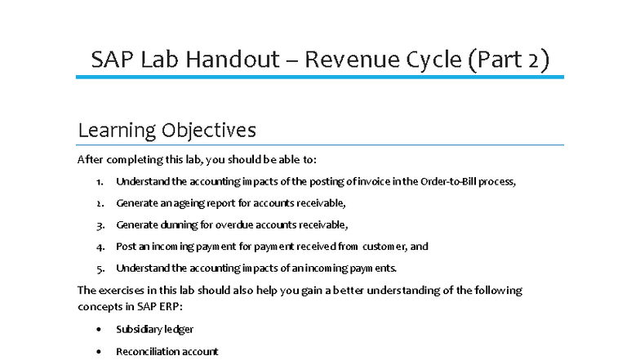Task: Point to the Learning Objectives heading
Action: tap(167, 130)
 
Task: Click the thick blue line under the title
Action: tap(320, 78)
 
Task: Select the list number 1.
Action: tap(99, 181)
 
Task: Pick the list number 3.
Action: tap(99, 224)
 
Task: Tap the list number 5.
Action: tap(99, 268)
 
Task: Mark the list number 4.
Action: tap(99, 246)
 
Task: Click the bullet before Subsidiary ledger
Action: tap(99, 329)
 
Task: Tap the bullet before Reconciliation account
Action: tap(99, 351)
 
